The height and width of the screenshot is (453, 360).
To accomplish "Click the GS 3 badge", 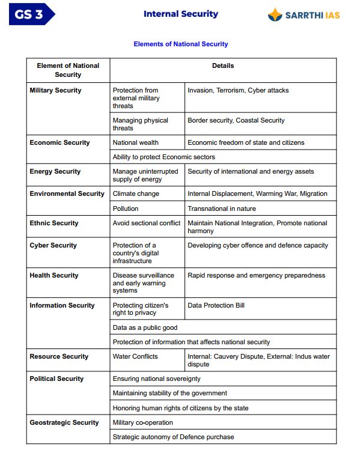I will coord(31,14).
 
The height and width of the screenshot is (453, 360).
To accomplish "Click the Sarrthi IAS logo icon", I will coord(275,14).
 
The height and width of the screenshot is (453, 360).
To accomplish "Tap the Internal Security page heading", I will coord(180,14).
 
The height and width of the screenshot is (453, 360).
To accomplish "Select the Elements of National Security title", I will coord(180,44).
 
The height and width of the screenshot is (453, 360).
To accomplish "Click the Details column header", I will coord(223,65).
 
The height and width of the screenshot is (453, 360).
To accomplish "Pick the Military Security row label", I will coord(55,90).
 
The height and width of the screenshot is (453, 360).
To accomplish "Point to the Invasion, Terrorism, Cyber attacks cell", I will coord(238,90).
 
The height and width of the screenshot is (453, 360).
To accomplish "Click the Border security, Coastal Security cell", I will coord(236,120).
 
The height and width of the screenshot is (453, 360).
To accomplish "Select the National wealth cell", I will coord(136,142).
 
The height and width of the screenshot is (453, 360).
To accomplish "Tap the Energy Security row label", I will coord(55,171).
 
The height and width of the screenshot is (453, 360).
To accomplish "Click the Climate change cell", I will coord(136,193).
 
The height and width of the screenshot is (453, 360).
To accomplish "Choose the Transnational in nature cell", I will coord(221,208).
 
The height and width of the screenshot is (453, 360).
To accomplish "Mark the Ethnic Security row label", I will coord(54,223).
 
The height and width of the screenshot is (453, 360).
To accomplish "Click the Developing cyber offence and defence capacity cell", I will coord(258,245).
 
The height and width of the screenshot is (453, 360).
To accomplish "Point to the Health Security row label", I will coord(54,275).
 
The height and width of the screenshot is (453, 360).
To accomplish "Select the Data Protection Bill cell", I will coord(216,305).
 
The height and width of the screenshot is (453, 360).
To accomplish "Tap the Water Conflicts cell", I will coord(135,356).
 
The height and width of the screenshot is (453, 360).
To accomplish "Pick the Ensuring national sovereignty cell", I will coord(156,379).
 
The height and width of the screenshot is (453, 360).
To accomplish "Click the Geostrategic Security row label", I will coord(64,422).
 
